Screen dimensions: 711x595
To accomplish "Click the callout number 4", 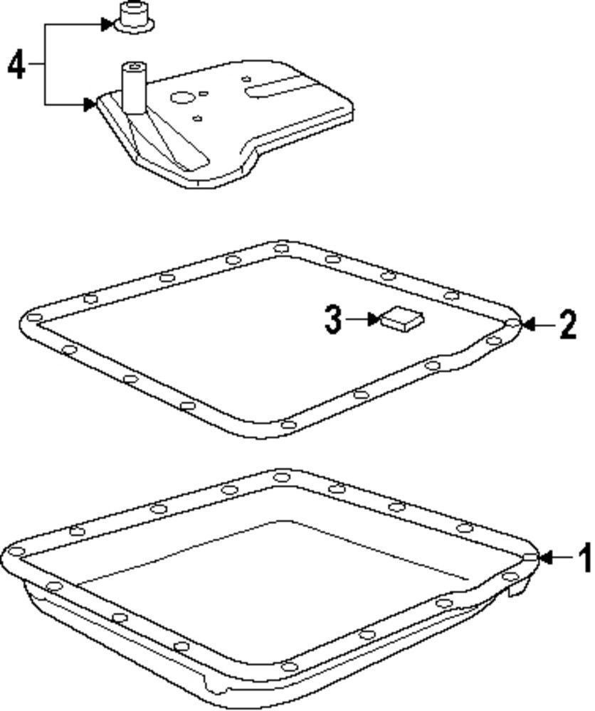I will pos(16,66).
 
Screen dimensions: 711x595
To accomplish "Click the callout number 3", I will pos(333,319).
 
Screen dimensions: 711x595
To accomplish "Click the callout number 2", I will pos(567,325).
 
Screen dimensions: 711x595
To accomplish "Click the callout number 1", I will pos(584,558).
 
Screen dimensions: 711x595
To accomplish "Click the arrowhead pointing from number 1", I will pos(545,558).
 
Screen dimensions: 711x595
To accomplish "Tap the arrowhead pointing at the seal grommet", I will pos(106,25).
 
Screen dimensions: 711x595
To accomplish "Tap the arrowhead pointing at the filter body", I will pos(89,105).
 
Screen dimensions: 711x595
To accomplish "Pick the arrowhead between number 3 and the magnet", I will pos(374,319).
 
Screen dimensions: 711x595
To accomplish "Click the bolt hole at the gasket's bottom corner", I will pos(288,425).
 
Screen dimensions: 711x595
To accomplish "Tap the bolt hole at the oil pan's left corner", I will pos(16,552).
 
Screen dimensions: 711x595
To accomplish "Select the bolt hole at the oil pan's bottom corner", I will pos(288,666).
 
